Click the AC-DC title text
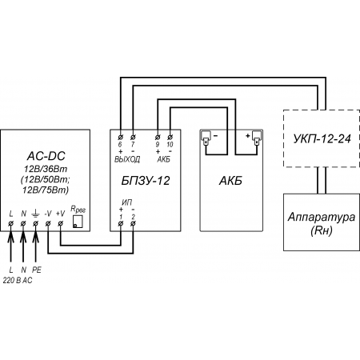(x=46, y=156)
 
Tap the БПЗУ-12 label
(x=146, y=181)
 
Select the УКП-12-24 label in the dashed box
(x=322, y=138)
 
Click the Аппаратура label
(x=322, y=218)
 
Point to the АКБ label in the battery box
(x=230, y=181)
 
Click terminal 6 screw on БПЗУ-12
(x=120, y=138)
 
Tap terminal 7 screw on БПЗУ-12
(x=133, y=138)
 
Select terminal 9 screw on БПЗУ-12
(x=158, y=138)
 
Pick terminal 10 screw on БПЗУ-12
(x=170, y=138)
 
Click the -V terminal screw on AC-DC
(x=48, y=223)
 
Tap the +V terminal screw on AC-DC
(x=61, y=223)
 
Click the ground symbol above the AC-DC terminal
(x=35, y=214)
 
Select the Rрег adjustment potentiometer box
(x=78, y=222)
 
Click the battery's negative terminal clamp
(x=206, y=138)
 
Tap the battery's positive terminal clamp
(x=257, y=138)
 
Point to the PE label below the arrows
(x=37, y=270)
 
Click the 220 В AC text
(x=18, y=280)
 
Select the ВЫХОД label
(x=127, y=159)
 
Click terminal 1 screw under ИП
(x=121, y=223)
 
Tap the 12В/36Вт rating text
(x=46, y=169)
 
